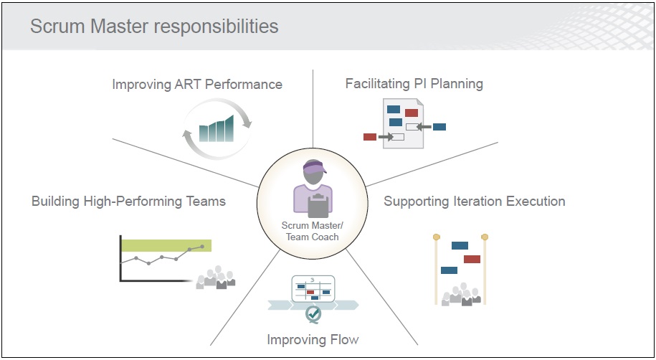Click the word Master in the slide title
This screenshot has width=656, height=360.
point(120,27)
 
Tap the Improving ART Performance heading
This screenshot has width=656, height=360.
point(197,84)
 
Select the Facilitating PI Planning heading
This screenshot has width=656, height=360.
point(414,84)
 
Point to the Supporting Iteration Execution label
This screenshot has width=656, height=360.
point(475,202)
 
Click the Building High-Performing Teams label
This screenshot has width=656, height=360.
point(128,202)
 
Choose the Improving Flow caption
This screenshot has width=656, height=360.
point(313,339)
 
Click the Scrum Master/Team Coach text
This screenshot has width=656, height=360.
point(313,231)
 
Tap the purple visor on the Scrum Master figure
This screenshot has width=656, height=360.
point(314,167)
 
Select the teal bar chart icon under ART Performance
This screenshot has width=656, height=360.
point(217,129)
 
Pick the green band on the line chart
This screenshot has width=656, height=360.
point(166,245)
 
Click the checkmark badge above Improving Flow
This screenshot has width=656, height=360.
point(313,313)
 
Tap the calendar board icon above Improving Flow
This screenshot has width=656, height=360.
point(313,288)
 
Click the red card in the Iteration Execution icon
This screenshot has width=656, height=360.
point(472,259)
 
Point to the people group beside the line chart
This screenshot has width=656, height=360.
point(216,277)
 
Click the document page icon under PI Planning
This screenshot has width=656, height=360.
point(404,123)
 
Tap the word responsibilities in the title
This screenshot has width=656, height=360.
point(217,27)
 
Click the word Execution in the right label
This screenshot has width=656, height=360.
point(536,202)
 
